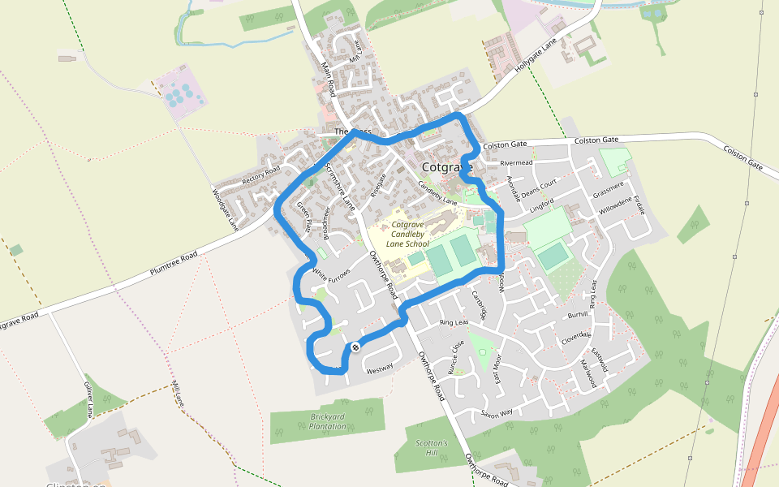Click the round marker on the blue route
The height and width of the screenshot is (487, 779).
(x=355, y=348)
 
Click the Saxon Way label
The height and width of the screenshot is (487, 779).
(x=497, y=413)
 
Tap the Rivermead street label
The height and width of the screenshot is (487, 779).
(x=515, y=163)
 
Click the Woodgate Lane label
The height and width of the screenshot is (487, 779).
(x=225, y=208)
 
